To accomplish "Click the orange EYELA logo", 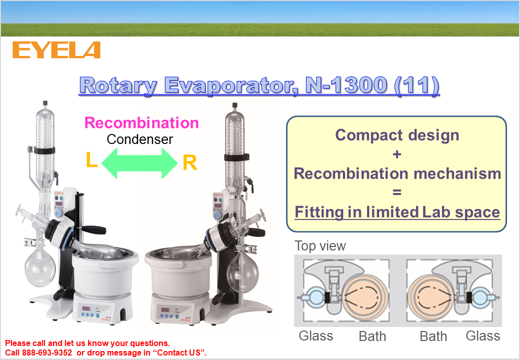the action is click(x=56, y=50).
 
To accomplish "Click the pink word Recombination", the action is click(x=141, y=122).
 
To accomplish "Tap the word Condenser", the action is click(x=139, y=139).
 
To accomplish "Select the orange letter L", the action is click(x=91, y=160).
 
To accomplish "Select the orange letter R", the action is click(x=189, y=163).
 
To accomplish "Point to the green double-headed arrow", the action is click(x=139, y=163).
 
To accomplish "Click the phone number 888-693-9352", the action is click(x=47, y=352).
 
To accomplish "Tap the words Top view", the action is click(x=320, y=246).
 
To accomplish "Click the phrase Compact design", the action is click(x=397, y=135).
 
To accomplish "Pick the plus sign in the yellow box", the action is click(x=397, y=154).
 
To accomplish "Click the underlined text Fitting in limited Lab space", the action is click(x=397, y=212).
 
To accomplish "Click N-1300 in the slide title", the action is click(x=346, y=85).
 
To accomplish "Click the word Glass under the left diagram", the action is click(x=316, y=336).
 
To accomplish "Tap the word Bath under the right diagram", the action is click(x=433, y=336).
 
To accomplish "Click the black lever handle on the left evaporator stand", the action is click(x=94, y=229).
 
